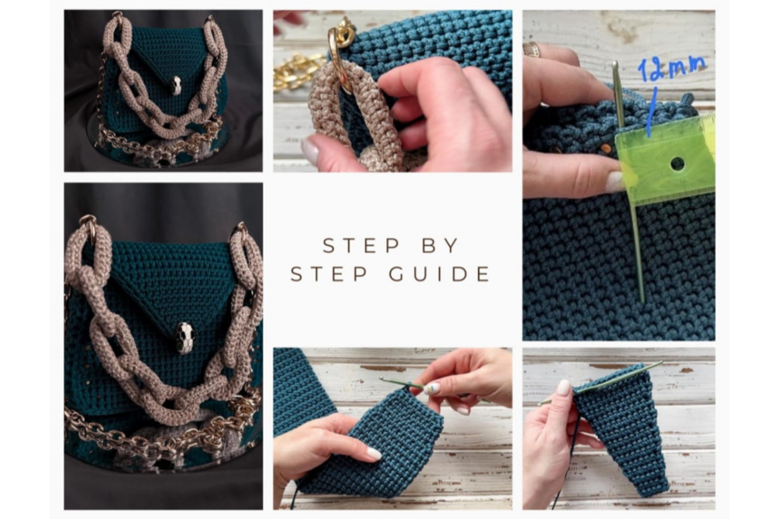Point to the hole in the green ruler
point(677,163)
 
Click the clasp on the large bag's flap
point(184,338)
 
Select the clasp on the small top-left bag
point(177,85)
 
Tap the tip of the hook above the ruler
point(615,64)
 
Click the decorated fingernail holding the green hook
point(433,388)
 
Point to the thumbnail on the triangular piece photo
point(564,387)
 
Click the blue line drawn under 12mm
point(651,112)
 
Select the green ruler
point(665,159)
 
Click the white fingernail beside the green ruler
point(614,182)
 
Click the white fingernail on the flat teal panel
point(374,453)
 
